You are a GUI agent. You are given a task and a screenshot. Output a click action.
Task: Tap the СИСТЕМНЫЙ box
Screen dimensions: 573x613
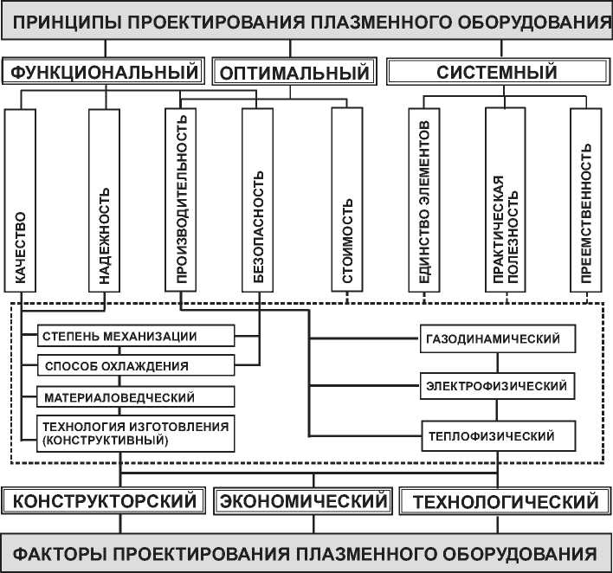(x=495, y=72)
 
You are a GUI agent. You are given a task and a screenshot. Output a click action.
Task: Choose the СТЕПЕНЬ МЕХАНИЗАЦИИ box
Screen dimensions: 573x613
(x=136, y=337)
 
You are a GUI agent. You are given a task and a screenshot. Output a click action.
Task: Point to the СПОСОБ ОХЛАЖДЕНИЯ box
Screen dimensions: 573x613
(x=136, y=366)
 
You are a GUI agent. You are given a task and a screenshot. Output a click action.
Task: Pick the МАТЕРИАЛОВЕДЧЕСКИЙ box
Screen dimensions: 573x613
(x=136, y=396)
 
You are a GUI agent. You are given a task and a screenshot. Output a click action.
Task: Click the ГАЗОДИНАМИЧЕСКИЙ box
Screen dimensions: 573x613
(x=498, y=338)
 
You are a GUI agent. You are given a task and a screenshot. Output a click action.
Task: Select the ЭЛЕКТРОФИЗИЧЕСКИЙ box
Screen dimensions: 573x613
(x=498, y=385)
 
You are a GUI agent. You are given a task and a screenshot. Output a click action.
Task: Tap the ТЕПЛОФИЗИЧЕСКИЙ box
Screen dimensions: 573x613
(x=498, y=435)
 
